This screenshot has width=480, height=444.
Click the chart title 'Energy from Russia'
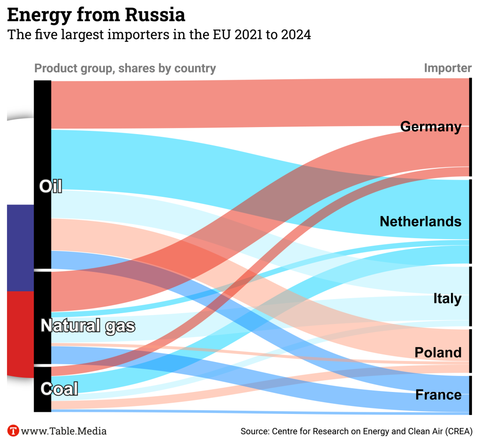pyautogui.click(x=96, y=15)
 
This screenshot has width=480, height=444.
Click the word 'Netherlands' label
pyautogui.click(x=420, y=221)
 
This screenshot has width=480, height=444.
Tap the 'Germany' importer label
pyautogui.click(x=431, y=127)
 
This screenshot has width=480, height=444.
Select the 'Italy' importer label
pyautogui.click(x=447, y=299)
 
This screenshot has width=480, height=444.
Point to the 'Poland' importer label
pyautogui.click(x=438, y=353)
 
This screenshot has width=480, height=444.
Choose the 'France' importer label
pyautogui.click(x=438, y=395)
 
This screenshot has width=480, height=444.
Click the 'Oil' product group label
pyautogui.click(x=51, y=187)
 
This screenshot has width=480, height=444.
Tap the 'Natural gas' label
pyautogui.click(x=88, y=325)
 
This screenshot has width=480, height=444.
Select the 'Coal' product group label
pyautogui.click(x=59, y=389)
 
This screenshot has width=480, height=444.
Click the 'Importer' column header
pyautogui.click(x=448, y=68)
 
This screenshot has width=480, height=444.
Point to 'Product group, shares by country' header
pyautogui.click(x=125, y=68)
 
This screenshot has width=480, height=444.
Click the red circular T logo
pyautogui.click(x=13, y=430)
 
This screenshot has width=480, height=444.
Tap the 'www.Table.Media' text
pyautogui.click(x=64, y=431)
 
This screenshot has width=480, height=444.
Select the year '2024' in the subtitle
pyautogui.click(x=296, y=35)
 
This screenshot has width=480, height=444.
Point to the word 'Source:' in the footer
pyautogui.click(x=254, y=431)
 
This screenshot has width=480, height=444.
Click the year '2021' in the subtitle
pyautogui.click(x=247, y=35)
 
